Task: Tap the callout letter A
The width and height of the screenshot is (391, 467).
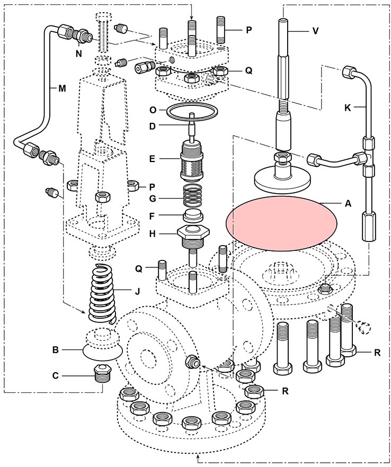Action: click(348, 203)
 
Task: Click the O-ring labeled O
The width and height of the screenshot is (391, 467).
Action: click(191, 113)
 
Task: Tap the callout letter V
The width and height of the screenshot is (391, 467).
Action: click(315, 31)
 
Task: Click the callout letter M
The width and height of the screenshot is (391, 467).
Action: click(62, 88)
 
